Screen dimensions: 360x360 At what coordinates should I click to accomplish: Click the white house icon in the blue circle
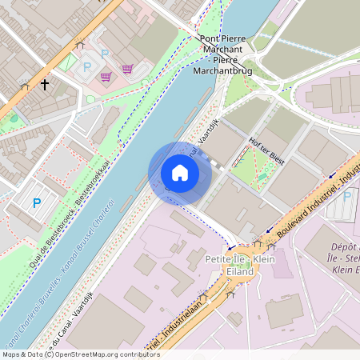[x=180, y=173]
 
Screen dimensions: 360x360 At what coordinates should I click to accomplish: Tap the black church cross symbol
[x=45, y=83]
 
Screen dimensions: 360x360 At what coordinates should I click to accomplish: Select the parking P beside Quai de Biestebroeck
[x=36, y=203]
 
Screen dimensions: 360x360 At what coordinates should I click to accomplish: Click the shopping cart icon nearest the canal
[x=127, y=69]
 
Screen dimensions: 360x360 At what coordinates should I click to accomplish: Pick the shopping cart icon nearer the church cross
[x=106, y=77]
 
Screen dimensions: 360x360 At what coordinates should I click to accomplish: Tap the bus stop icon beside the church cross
[x=25, y=86]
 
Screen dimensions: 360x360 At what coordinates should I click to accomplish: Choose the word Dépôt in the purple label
[x=342, y=248]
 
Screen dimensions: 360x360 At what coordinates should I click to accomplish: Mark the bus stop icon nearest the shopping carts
[x=78, y=46]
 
